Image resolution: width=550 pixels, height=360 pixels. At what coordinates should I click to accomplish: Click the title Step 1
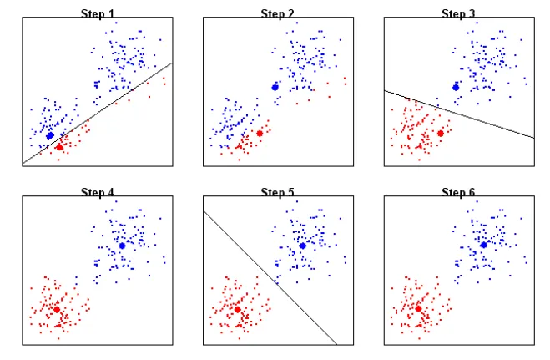[x=98, y=13]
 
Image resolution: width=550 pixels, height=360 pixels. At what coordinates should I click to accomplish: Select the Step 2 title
[x=278, y=13]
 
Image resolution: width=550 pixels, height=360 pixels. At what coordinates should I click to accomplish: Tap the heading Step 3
[x=458, y=13]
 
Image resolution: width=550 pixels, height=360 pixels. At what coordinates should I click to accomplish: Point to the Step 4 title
[x=98, y=193]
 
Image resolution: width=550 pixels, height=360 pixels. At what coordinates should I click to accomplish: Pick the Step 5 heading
[x=278, y=193]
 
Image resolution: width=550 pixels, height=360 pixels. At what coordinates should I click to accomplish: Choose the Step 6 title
[x=458, y=193]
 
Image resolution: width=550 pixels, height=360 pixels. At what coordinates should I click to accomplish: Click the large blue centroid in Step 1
[x=50, y=135]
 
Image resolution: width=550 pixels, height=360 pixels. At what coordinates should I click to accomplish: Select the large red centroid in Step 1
[x=59, y=147]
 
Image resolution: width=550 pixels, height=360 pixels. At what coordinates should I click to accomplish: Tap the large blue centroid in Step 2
[x=275, y=87]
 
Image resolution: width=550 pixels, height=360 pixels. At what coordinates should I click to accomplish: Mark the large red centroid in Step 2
[x=260, y=133]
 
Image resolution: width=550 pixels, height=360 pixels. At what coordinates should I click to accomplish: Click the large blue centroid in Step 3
[x=456, y=87]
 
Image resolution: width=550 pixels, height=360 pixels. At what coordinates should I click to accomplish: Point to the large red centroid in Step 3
[x=440, y=133]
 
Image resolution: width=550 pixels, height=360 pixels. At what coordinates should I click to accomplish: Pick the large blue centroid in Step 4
[x=122, y=246]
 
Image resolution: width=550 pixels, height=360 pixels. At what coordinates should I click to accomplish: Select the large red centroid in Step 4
[x=57, y=309]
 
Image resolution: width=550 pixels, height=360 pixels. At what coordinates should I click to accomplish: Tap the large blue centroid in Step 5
[x=302, y=246]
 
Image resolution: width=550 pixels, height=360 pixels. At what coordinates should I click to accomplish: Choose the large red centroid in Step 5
[x=238, y=309]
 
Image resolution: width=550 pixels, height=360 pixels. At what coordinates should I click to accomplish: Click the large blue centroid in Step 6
[x=483, y=246]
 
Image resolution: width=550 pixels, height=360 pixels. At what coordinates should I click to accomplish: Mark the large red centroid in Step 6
[x=418, y=309]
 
